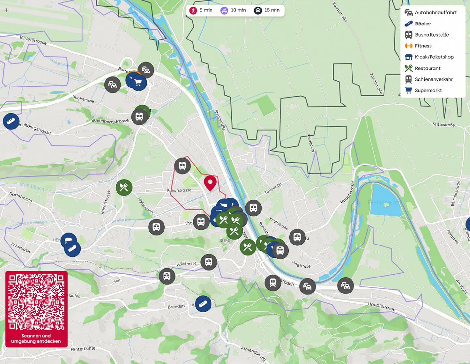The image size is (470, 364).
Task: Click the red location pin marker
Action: coord(210,182)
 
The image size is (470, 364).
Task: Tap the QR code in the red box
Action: coord(36,302)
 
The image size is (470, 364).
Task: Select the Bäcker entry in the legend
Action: coord(423,24)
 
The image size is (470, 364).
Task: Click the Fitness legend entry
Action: coord(423,46)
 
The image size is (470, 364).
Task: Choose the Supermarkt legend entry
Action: coord(428,90)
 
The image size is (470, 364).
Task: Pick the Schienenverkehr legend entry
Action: coord(434,79)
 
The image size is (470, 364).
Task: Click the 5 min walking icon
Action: coord(193,10)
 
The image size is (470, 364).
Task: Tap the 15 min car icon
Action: coord(258,10)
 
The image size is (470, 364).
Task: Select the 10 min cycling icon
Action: coord(224,10)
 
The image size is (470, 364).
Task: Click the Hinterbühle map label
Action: coord(83,349)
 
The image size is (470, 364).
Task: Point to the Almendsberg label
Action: coord(253,354)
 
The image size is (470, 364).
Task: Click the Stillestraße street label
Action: coord(444,124)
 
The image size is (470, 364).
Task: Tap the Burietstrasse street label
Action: coord(33,40)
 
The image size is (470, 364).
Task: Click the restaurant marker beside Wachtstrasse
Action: coord(124,187)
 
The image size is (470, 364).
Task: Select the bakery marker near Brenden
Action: coord(203,304)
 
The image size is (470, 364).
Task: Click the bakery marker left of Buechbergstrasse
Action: coord(11,121)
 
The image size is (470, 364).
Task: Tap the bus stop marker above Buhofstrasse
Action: coord(182,166)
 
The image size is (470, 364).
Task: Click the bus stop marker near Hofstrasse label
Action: coord(209,262)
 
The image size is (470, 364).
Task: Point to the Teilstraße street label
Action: coord(273,188)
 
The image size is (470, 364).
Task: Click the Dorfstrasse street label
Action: coord(21,197)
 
